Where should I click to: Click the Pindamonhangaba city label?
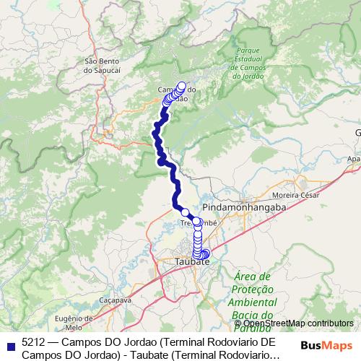(245, 206)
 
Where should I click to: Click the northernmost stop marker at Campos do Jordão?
(181, 85)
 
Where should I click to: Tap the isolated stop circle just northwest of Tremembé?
(184, 212)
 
